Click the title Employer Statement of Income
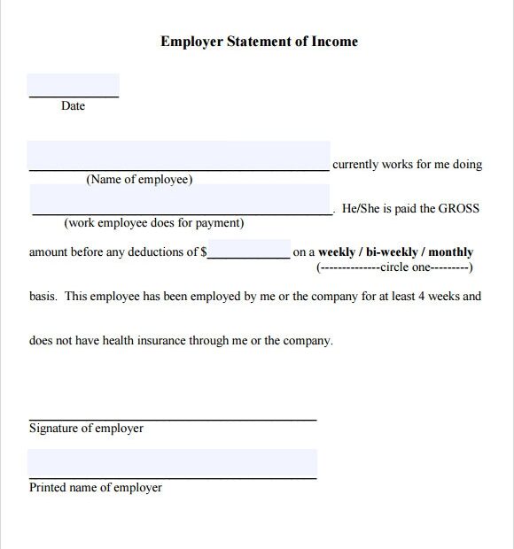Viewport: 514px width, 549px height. click(259, 42)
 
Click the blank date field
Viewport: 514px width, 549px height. click(73, 85)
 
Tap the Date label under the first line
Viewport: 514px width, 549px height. click(73, 106)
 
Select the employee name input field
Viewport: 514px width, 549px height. click(178, 155)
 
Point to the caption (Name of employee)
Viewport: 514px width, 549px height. click(138, 180)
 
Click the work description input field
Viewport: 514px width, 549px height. click(181, 200)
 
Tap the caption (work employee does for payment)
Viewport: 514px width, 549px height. click(154, 223)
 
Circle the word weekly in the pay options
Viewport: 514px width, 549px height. click(337, 252)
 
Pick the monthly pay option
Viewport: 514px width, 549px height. click(451, 252)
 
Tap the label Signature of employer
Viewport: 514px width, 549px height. click(86, 429)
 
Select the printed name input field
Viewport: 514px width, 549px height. click(172, 463)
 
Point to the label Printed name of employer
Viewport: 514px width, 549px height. click(96, 488)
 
